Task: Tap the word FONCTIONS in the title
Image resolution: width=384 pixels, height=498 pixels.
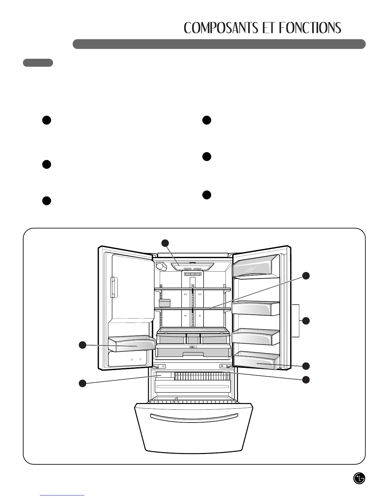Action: pyautogui.click(x=310, y=28)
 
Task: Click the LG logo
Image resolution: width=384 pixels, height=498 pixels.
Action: pyautogui.click(x=359, y=479)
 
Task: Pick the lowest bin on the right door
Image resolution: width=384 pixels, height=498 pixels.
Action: pyautogui.click(x=256, y=360)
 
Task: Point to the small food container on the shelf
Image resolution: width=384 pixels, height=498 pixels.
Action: pyautogui.click(x=164, y=303)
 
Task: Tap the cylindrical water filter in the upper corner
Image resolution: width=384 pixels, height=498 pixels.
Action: pyautogui.click(x=161, y=267)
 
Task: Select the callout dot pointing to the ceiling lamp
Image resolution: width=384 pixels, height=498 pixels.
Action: pyautogui.click(x=165, y=243)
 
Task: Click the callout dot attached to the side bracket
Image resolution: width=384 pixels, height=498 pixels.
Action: pyautogui.click(x=306, y=321)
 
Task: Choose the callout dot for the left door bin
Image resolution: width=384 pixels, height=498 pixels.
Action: pyautogui.click(x=82, y=345)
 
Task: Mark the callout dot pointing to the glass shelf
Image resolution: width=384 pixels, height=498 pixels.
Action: pyautogui.click(x=306, y=276)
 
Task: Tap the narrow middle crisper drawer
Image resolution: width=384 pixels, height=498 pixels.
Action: pyautogui.click(x=193, y=338)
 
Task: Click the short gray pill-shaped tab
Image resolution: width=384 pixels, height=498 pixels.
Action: pyautogui.click(x=38, y=63)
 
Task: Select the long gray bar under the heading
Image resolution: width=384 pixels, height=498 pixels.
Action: pyautogui.click(x=219, y=44)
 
